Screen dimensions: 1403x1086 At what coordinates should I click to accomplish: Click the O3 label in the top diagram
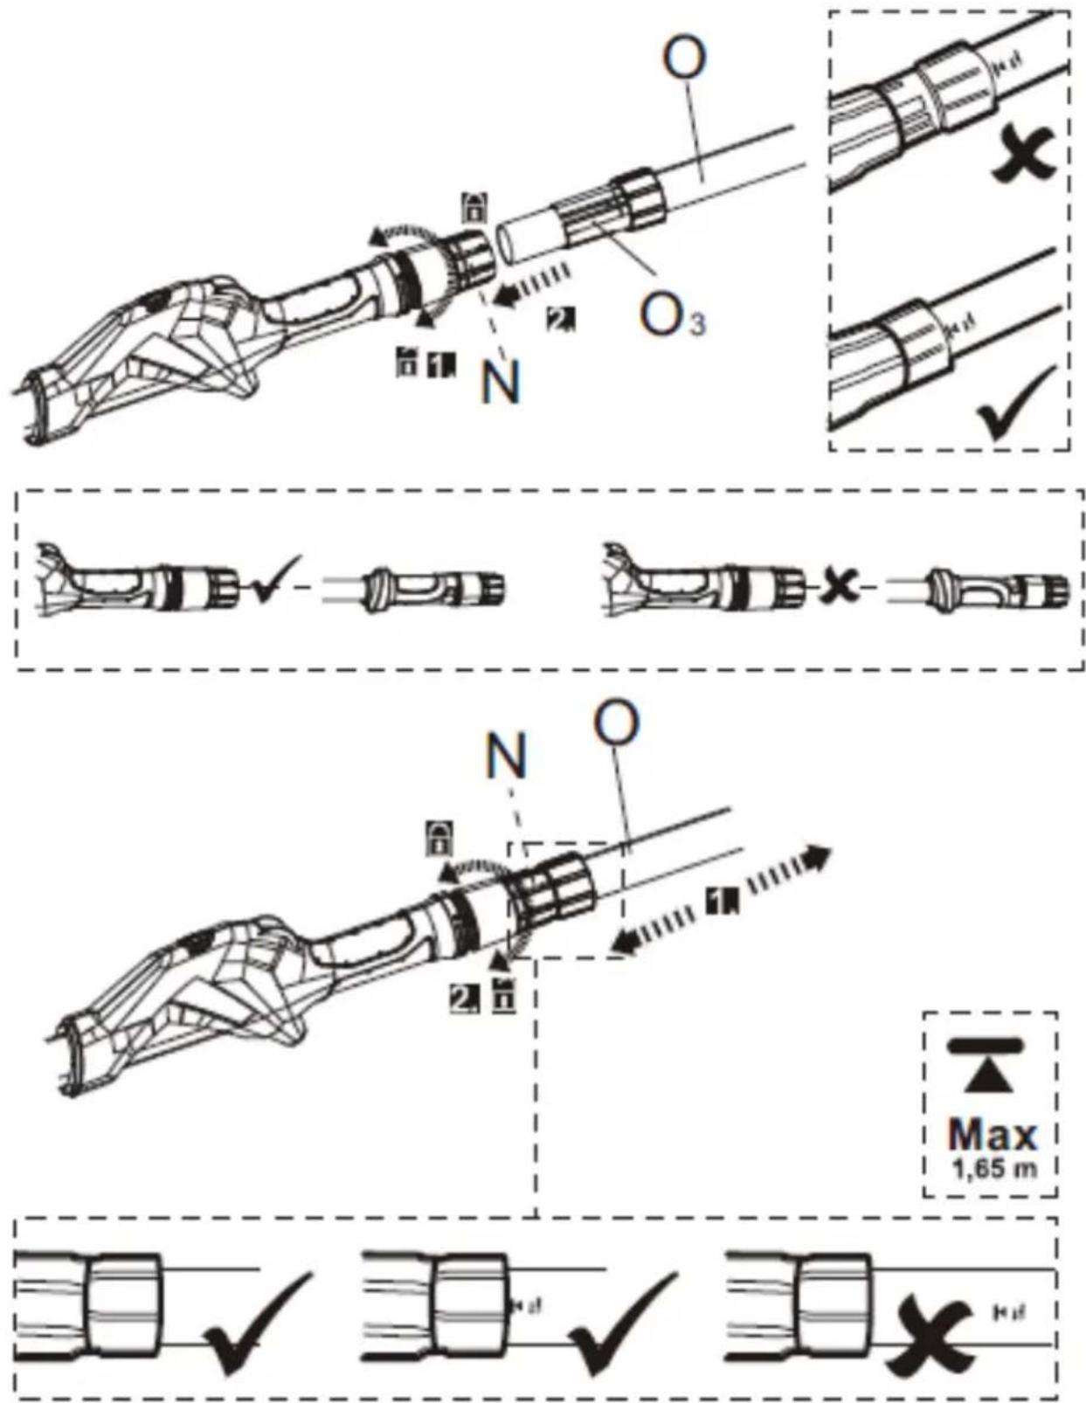(672, 315)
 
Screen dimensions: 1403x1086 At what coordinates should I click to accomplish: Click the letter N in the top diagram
(500, 382)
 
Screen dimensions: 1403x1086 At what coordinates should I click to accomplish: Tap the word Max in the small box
(992, 1135)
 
